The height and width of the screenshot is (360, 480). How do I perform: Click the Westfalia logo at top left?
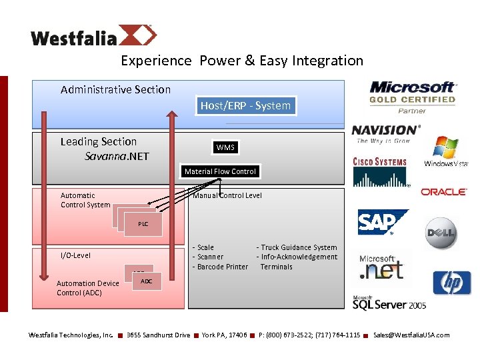(93, 36)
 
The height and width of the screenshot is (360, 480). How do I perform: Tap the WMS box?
(225, 147)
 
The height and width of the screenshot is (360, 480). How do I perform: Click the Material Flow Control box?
(220, 171)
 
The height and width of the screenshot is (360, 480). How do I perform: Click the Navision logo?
(386, 133)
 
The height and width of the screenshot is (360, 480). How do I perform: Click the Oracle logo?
(443, 192)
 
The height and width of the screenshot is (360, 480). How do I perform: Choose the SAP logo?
(383, 223)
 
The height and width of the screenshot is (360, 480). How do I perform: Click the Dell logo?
(441, 233)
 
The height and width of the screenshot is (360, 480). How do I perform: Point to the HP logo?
(451, 283)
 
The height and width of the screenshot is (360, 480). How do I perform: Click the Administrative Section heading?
(115, 89)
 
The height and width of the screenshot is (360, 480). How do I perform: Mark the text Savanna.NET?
(117, 157)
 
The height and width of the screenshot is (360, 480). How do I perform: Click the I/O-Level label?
(75, 255)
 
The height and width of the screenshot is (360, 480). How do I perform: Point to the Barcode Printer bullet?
(221, 267)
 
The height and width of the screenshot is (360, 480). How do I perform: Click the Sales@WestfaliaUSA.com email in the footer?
(411, 335)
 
